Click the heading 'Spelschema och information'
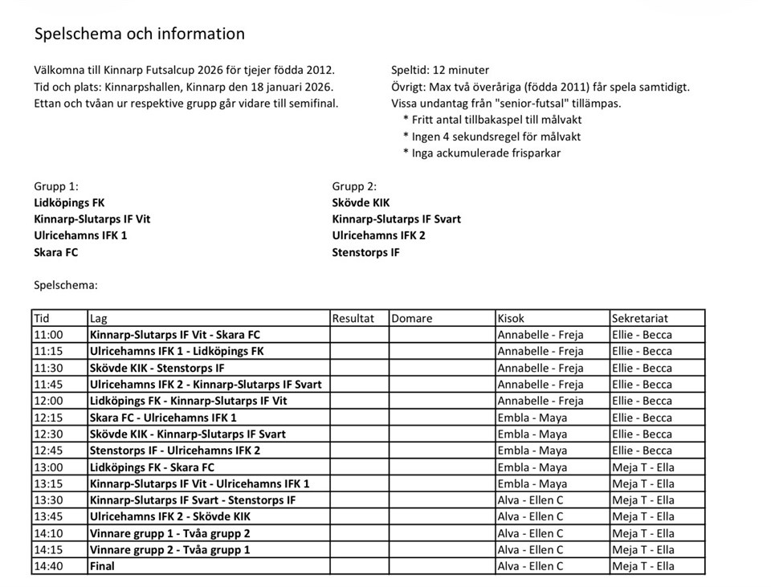pyautogui.click(x=139, y=34)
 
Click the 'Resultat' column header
pyautogui.click(x=353, y=318)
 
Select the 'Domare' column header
pyautogui.click(x=412, y=318)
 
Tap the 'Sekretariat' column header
pyautogui.click(x=639, y=318)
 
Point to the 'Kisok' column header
pyautogui.click(x=512, y=318)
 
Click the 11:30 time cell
pyautogui.click(x=48, y=368)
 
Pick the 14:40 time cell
pyautogui.click(x=48, y=566)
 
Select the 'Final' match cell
pyautogui.click(x=103, y=566)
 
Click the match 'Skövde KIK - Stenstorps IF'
pyautogui.click(x=157, y=368)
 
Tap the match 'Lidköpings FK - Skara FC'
pyautogui.click(x=153, y=467)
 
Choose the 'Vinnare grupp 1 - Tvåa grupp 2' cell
pyautogui.click(x=170, y=533)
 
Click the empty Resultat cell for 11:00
pyautogui.click(x=359, y=335)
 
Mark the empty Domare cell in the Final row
pyautogui.click(x=441, y=566)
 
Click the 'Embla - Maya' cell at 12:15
pyautogui.click(x=532, y=418)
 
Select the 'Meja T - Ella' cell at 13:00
pyautogui.click(x=642, y=467)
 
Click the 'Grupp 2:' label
pyautogui.click(x=354, y=186)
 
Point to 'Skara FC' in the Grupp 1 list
pyautogui.click(x=56, y=252)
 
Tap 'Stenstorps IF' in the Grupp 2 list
pyautogui.click(x=365, y=252)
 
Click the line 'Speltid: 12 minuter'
pyautogui.click(x=440, y=70)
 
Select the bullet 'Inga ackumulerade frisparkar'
pyautogui.click(x=486, y=153)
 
